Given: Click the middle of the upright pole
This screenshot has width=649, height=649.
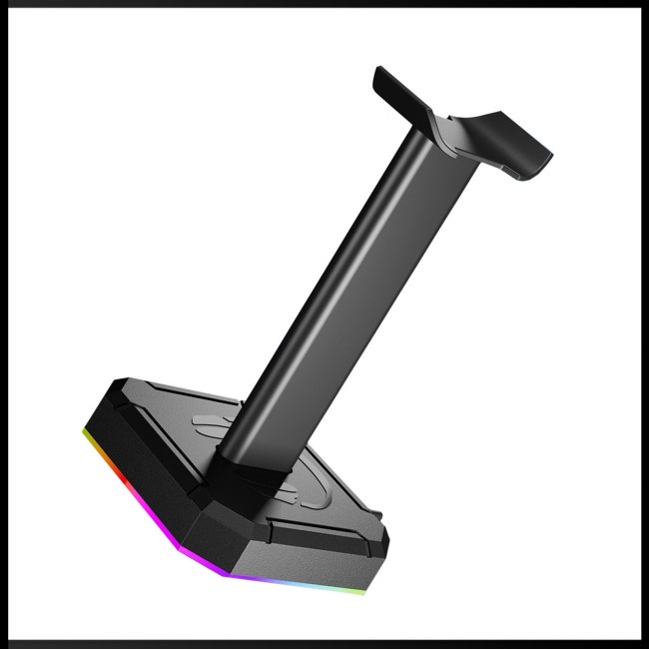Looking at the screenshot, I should [329, 300].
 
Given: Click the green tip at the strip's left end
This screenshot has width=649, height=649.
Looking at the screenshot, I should [83, 431].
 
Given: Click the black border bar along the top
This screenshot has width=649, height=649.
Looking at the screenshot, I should [324, 3].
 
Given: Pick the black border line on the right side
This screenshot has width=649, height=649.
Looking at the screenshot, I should [644, 324].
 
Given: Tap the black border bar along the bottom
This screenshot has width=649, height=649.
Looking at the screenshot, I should [324, 644].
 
